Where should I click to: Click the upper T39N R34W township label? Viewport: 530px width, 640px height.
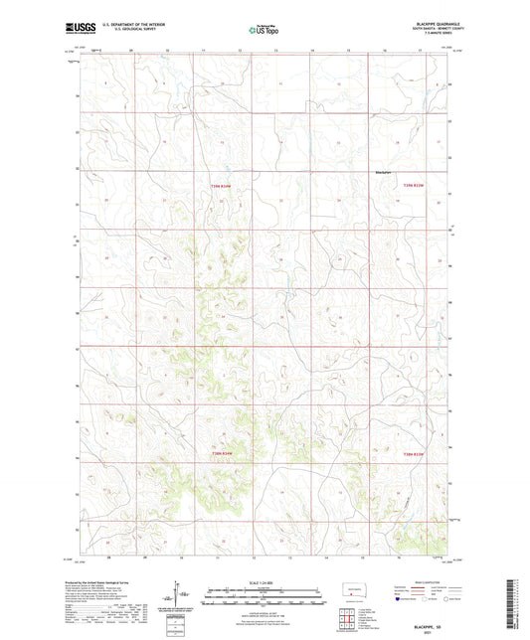220,186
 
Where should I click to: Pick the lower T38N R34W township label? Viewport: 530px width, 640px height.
225,454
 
